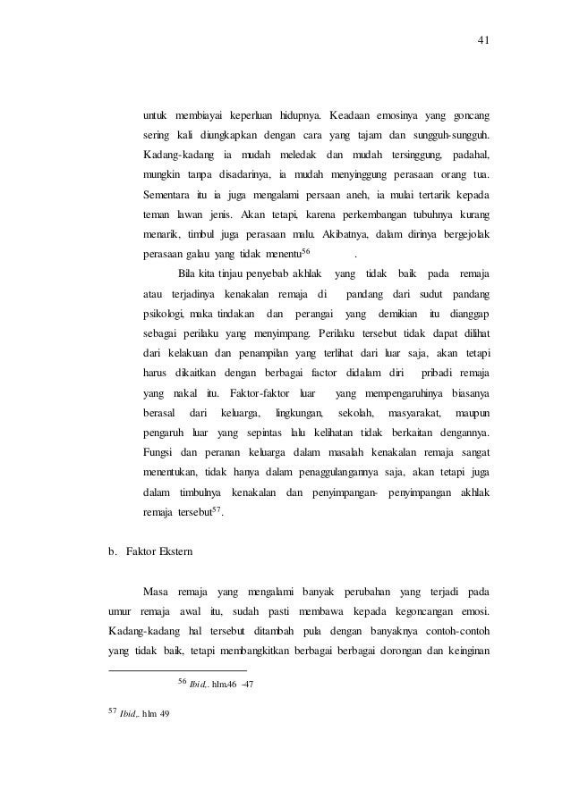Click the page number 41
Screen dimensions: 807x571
[x=485, y=40]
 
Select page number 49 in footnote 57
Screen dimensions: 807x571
[x=164, y=715]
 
